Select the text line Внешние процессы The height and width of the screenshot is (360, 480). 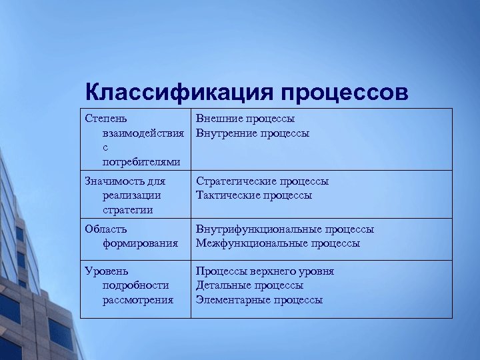(x=245, y=119)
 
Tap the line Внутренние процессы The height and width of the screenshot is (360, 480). (x=252, y=133)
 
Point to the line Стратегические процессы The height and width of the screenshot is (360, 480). (x=262, y=181)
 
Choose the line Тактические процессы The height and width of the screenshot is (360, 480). (x=253, y=195)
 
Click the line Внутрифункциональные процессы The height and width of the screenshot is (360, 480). (x=285, y=229)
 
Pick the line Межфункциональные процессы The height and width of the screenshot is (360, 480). (x=277, y=243)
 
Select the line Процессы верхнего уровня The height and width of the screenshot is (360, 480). (x=265, y=271)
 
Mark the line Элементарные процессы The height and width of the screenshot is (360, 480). (x=259, y=300)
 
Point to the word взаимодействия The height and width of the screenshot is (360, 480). (x=143, y=133)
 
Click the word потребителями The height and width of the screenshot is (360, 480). (x=141, y=162)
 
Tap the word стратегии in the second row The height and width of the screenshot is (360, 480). (x=127, y=210)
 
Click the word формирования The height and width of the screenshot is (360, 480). (x=140, y=243)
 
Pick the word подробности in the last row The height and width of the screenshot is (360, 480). (x=135, y=285)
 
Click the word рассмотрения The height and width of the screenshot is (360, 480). (x=137, y=300)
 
